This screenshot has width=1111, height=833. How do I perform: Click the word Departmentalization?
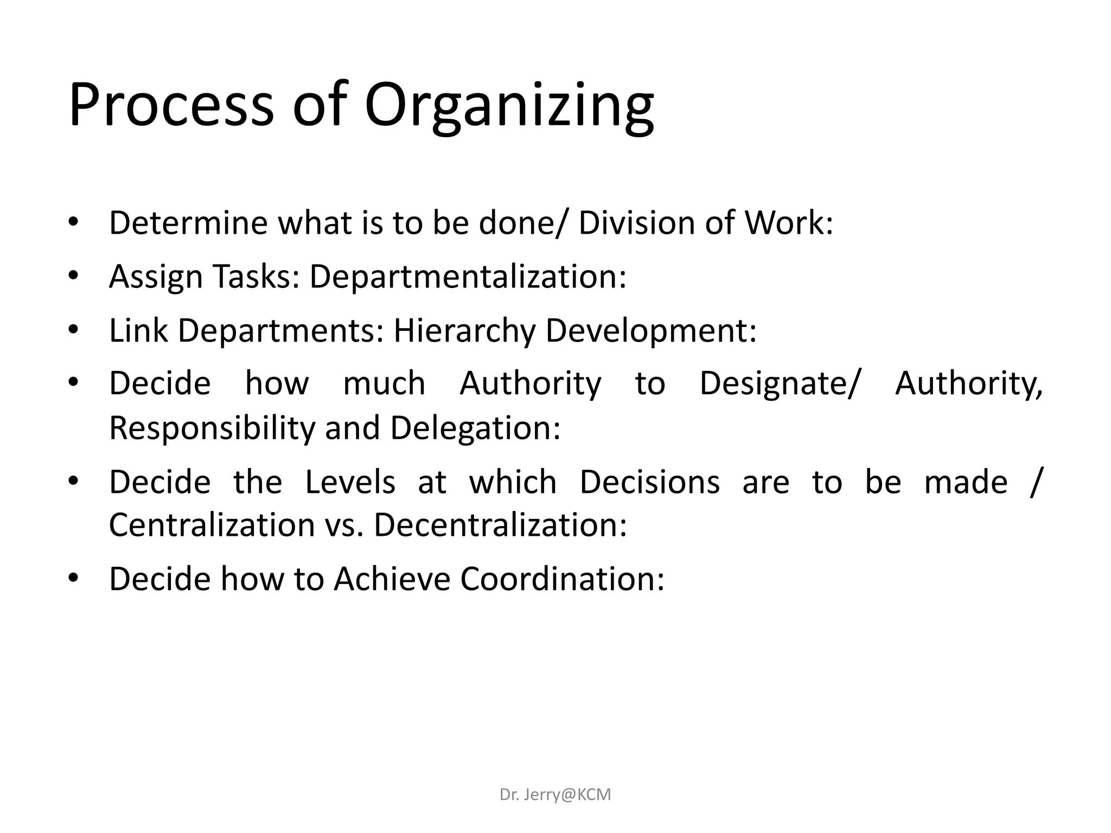468,277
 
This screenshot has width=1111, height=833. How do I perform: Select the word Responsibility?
212,428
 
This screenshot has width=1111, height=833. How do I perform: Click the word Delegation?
475,428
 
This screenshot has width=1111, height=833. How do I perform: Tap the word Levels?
350,482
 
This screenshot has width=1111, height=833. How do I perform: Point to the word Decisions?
649,482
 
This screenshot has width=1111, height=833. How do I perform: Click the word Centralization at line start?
212,525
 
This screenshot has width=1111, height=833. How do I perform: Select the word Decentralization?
500,525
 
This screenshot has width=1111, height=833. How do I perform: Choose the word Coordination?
562,579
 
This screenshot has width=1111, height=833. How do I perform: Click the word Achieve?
392,579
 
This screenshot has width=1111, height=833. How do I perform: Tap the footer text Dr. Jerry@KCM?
555,794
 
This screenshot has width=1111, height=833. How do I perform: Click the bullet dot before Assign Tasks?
74,275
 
